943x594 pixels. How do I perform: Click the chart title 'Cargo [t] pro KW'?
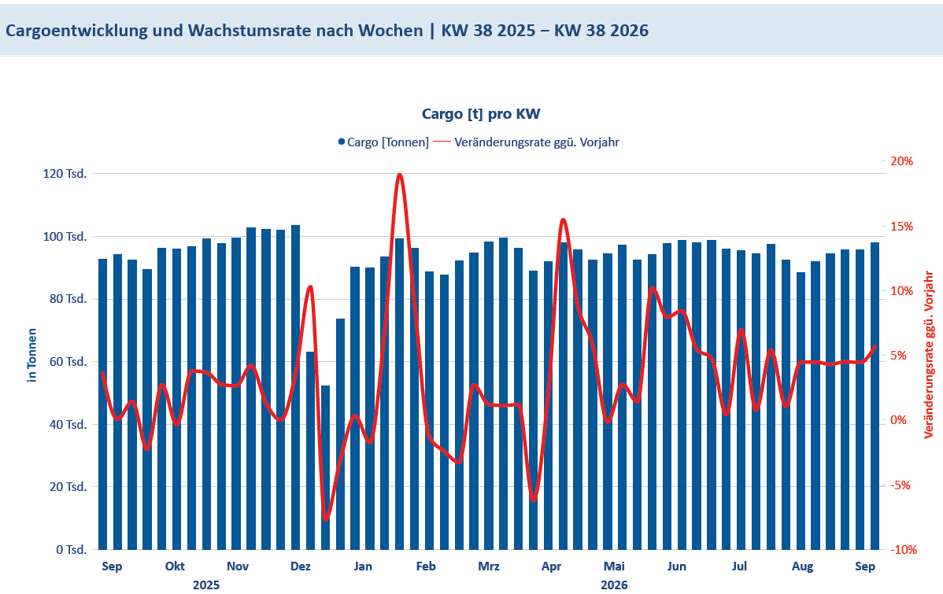point(480,113)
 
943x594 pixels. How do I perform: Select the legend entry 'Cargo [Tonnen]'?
point(383,142)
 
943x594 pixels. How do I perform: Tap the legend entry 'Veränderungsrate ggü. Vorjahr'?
point(527,142)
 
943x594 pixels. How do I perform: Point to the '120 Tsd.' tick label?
point(65,174)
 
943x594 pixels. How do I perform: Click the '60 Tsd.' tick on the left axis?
point(68,362)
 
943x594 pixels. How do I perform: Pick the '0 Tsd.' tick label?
point(72,549)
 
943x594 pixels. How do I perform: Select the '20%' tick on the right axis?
point(901,161)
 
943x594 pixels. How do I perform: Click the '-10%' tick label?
point(904,549)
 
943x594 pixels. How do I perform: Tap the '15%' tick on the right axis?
point(901,226)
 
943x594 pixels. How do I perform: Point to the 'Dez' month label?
point(301,566)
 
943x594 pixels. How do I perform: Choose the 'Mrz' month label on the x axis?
point(488,566)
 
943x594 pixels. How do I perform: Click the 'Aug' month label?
point(802,566)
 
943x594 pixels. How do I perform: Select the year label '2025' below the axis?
point(206,585)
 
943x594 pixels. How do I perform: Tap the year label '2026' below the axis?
point(614,585)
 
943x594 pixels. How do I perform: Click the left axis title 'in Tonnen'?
point(31,356)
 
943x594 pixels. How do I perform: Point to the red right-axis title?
point(929,355)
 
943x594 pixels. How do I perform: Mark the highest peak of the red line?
point(400,175)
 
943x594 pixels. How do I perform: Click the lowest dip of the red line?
point(326,519)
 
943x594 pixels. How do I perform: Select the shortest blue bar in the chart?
point(325,467)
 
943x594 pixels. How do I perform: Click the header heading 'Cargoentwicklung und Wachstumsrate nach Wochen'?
point(214,31)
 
